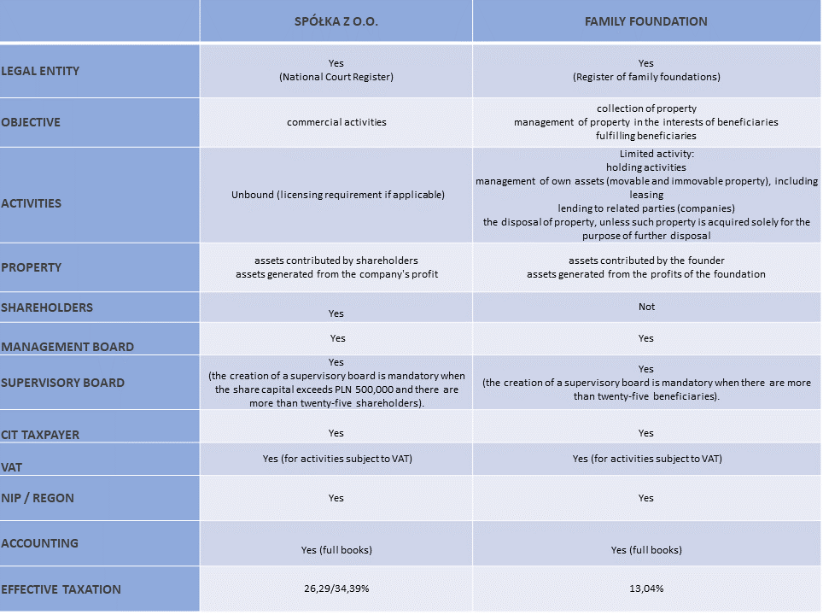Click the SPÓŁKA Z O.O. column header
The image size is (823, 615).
336,21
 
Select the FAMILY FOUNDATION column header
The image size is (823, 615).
646,21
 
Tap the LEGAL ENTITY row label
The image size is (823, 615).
40,71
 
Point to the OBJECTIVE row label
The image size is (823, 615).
31,122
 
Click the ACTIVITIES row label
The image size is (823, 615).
31,203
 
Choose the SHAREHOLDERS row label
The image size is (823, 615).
47,307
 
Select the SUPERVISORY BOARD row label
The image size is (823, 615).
63,383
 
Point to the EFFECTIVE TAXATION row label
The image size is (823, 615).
61,589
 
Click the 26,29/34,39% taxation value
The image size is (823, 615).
336,589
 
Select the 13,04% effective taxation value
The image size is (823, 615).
646,589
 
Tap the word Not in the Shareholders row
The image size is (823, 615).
646,306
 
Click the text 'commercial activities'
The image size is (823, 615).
336,122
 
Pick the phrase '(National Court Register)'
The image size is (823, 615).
336,77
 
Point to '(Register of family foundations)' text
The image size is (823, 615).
646,77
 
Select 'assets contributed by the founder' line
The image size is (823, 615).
646,261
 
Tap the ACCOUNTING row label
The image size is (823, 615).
39,543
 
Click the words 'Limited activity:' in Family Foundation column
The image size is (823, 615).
646,154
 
